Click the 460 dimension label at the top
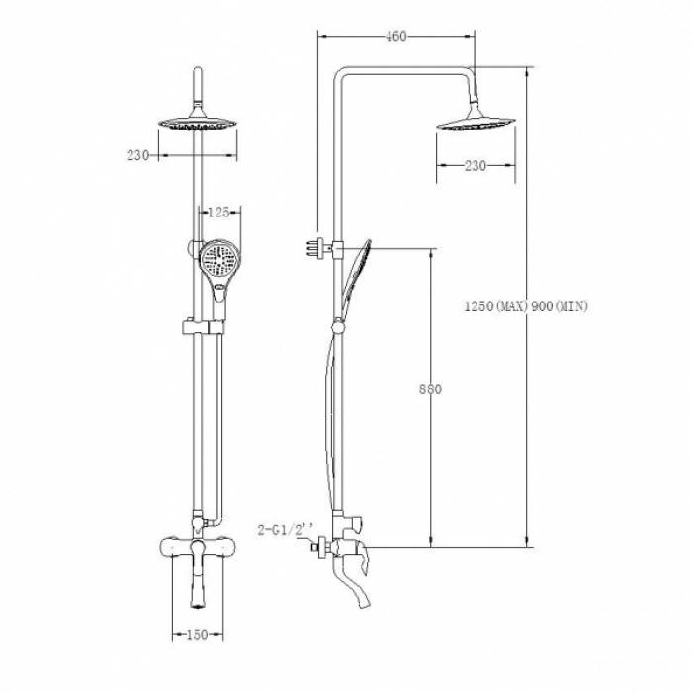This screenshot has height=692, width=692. coord(395,36)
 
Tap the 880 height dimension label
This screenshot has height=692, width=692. coord(430,389)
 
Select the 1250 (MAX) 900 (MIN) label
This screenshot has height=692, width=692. coord(526,305)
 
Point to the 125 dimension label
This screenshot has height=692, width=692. coord(218,213)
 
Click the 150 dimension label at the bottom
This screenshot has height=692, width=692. coord(197,635)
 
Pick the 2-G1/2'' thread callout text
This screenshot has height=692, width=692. coord(286,529)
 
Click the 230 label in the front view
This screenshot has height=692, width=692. coord(138,155)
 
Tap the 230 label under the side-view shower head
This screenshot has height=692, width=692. coord(476,166)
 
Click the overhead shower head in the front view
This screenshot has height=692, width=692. coord(198,123)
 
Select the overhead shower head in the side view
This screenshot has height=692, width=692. coord(476,123)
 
